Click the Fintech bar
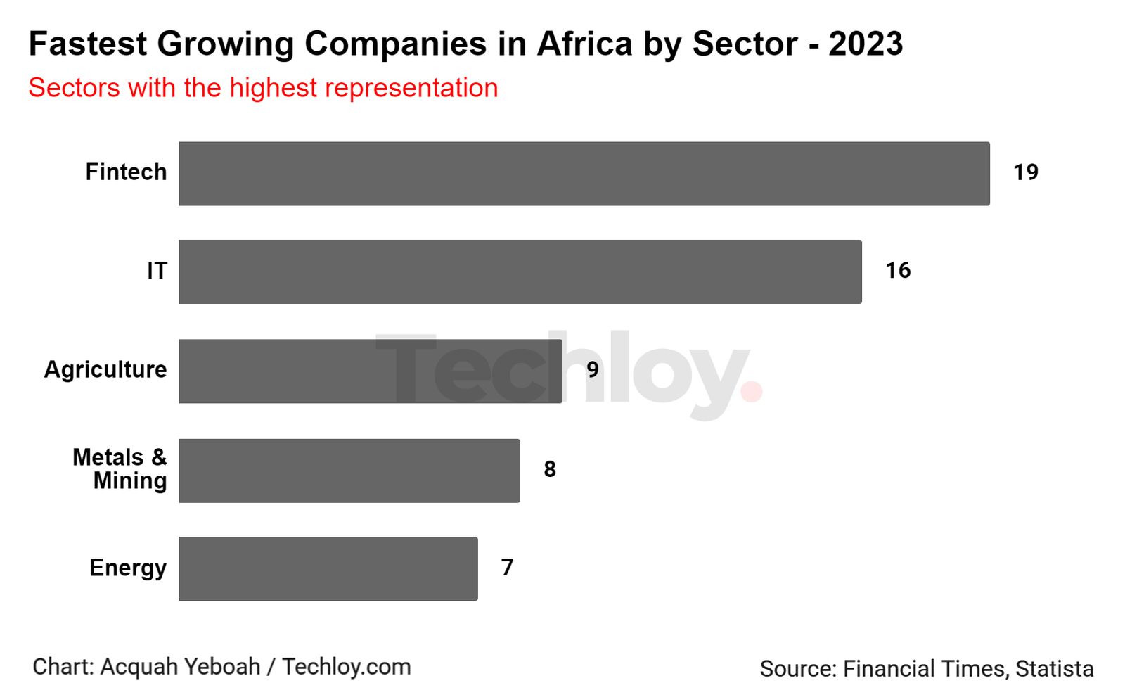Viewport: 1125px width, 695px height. point(584,174)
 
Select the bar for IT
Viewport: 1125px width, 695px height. point(520,272)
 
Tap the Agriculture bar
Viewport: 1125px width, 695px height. point(371,371)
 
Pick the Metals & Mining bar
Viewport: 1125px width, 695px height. point(349,471)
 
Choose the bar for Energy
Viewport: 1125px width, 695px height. point(328,568)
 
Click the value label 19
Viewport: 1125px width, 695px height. point(1025,172)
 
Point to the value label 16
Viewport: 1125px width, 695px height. point(898,271)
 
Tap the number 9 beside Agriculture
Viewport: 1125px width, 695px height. point(593,370)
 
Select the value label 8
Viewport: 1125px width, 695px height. point(550,469)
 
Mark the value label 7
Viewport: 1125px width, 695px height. point(507,567)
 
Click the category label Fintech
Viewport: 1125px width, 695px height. point(126,172)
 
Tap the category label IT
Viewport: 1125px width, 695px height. point(157,271)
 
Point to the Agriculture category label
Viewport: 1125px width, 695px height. point(105,370)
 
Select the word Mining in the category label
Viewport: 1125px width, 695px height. point(130,481)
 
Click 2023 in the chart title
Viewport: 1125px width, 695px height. point(866,44)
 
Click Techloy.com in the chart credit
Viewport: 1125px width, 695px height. point(346,667)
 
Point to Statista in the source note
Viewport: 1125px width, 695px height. point(1054,669)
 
